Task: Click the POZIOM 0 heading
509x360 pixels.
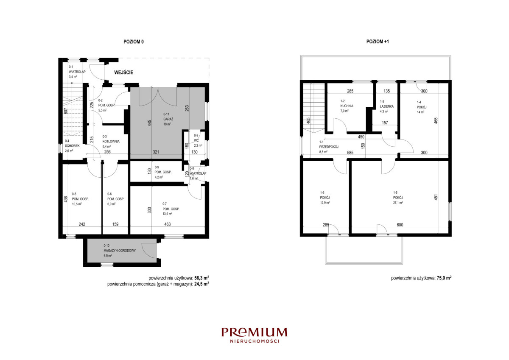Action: click(134, 42)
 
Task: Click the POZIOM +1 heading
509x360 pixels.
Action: click(378, 42)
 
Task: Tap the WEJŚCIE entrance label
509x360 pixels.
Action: click(123, 73)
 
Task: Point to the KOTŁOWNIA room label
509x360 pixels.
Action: click(111, 141)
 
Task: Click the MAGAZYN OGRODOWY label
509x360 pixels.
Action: click(120, 251)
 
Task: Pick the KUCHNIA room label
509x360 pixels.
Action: click(347, 106)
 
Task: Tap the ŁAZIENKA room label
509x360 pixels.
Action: click(387, 106)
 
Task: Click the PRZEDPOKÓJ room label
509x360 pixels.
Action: click(329, 147)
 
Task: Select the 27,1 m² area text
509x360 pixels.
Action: click(398, 202)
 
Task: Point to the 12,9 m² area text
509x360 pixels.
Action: click(325, 203)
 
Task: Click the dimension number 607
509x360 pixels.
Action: click(66, 111)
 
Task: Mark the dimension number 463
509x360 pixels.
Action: click(168, 224)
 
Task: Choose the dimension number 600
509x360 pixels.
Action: click(400, 225)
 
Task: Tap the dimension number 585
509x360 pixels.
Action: click(350, 153)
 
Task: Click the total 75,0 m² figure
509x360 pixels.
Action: click(444, 278)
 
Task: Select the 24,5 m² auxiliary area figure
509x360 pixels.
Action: click(202, 284)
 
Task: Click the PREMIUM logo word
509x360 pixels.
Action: click(255, 332)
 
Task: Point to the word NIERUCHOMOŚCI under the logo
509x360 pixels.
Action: click(255, 341)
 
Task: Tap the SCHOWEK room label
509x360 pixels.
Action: click(72, 146)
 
